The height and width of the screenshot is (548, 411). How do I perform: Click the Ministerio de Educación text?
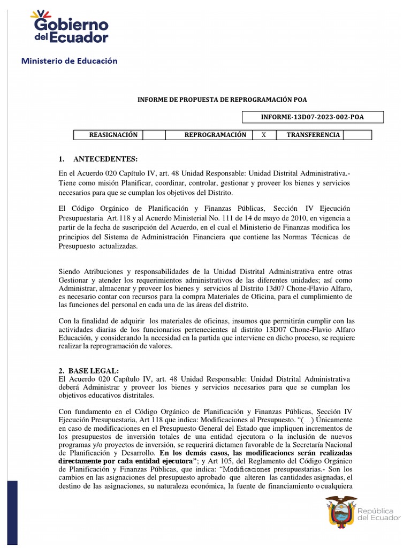69,61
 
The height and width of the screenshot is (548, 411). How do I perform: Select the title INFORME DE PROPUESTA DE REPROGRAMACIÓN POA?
223,100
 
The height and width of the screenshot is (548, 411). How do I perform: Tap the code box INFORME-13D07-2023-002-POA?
313,117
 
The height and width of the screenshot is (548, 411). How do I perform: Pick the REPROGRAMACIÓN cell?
215,135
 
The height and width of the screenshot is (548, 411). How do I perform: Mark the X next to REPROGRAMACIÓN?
263,135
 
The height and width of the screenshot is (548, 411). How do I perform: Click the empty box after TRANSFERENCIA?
357,135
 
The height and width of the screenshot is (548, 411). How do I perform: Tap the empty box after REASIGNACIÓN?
154,135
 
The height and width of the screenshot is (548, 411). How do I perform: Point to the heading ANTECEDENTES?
105,159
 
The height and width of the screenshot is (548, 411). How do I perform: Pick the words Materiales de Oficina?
246,296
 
